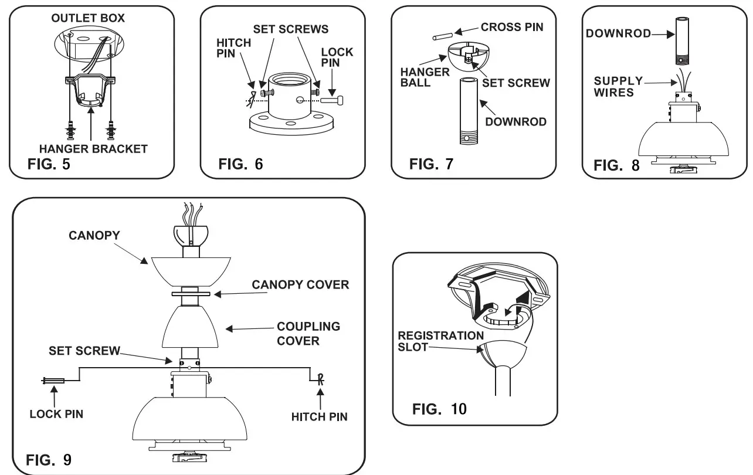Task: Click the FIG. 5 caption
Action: coord(49,164)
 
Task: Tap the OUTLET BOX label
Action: coord(88,18)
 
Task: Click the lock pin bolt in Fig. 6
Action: coord(335,101)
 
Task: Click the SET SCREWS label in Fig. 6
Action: coord(290,29)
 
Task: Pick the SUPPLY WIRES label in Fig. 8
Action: coord(618,86)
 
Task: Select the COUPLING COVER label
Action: coord(308,333)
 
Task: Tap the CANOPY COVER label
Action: coord(300,284)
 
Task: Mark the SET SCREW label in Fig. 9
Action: coord(84,351)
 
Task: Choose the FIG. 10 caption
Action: coord(440,408)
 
